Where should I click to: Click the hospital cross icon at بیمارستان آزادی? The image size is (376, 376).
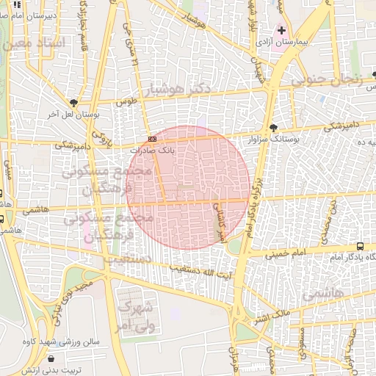click(x=282, y=31)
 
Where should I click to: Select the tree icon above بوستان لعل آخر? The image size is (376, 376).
click(x=73, y=103)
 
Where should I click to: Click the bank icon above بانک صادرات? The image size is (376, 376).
click(x=152, y=139)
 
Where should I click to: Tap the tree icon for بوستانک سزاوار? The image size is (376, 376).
click(x=274, y=126)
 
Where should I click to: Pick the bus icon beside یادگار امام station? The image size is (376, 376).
click(x=360, y=246)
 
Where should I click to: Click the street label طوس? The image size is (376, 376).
click(x=131, y=103)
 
